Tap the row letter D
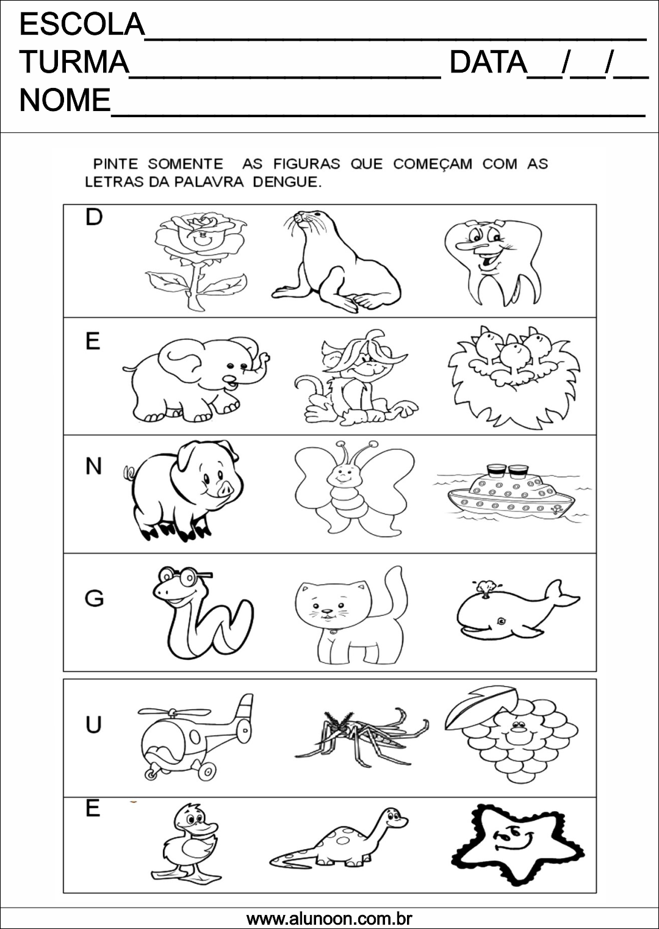point(94,217)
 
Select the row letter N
point(93,466)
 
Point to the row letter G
point(94,598)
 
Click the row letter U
point(93,725)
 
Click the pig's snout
point(225,488)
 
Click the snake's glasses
point(180,576)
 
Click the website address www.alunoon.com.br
point(329,919)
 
